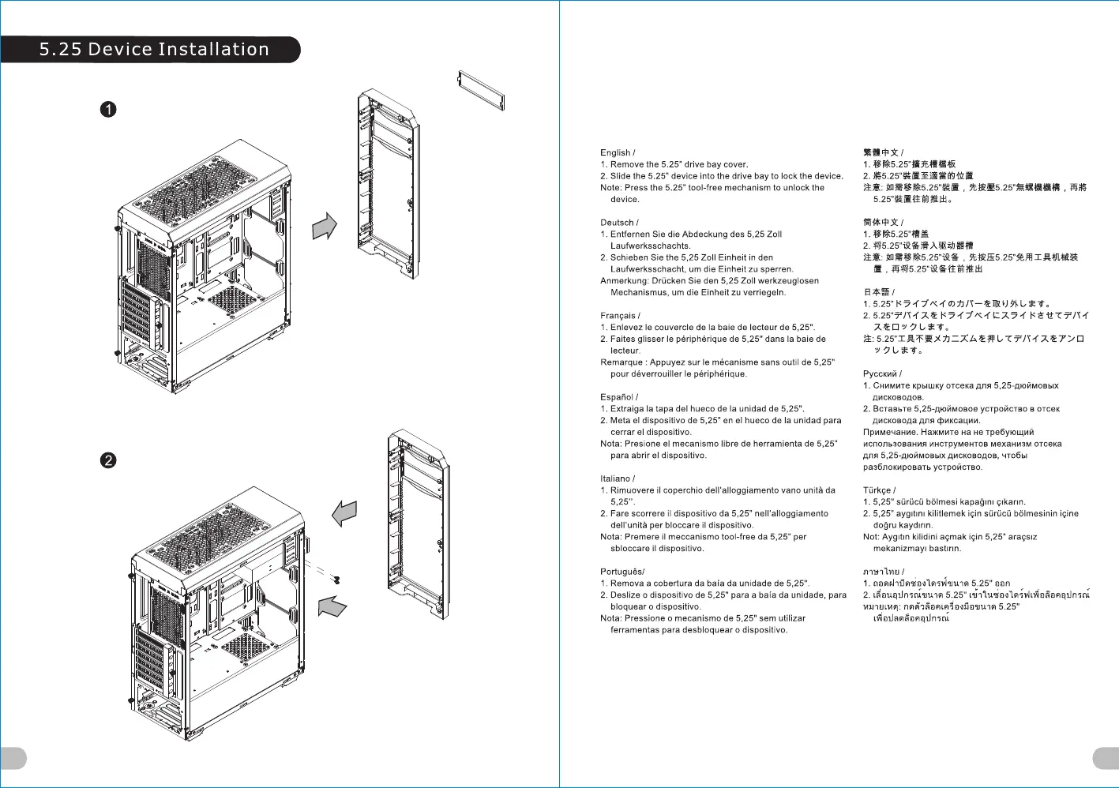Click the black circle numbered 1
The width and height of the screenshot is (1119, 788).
(108, 109)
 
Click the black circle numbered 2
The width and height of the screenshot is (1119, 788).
(108, 460)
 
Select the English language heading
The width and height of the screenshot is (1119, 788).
(615, 153)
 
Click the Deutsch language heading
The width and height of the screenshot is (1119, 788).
(617, 223)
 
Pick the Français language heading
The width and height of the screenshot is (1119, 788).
(618, 316)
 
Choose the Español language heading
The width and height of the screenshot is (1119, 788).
(617, 397)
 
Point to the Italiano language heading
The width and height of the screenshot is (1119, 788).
(615, 478)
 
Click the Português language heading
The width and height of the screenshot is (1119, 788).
(621, 572)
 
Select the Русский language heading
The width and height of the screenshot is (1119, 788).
(880, 374)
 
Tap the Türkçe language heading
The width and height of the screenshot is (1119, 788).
(877, 490)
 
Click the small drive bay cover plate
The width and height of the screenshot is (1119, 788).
(481, 90)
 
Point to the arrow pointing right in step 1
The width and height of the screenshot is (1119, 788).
(325, 226)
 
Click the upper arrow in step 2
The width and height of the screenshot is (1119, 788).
(344, 513)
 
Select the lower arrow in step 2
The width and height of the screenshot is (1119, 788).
(332, 606)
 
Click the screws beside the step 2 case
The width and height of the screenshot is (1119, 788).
(337, 580)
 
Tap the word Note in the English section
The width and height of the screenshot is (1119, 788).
(610, 188)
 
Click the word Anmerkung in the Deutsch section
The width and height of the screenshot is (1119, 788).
(624, 281)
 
